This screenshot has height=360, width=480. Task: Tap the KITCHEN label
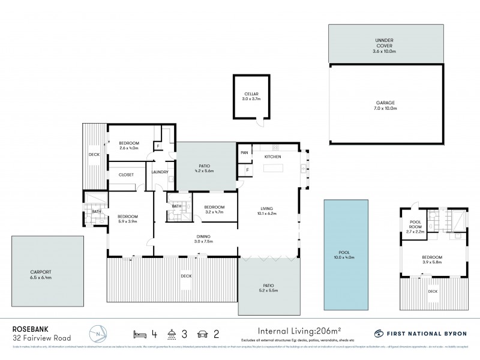(273, 157)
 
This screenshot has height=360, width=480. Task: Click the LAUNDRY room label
(160, 173)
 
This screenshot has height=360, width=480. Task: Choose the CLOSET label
(126, 175)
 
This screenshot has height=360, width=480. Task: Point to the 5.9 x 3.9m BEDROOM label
(128, 218)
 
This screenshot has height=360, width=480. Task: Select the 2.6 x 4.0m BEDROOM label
(129, 145)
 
